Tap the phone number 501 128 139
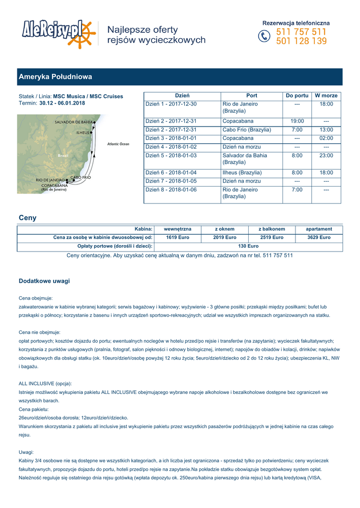[301, 41]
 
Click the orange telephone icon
[264, 37]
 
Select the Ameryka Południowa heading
[56, 77]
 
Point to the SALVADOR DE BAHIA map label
[73, 122]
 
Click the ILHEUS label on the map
[83, 133]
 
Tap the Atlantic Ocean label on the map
[118, 144]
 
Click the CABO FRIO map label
[80, 177]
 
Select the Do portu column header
[297, 96]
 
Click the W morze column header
[326, 96]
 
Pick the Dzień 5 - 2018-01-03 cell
[171, 156]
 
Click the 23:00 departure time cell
[326, 156]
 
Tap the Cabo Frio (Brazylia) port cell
[247, 130]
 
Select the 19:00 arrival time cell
[297, 121]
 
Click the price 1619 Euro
[178, 238]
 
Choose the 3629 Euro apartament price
[319, 238]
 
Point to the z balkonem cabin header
[272, 229]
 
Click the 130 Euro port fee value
[248, 246]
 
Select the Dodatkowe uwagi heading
[44, 281]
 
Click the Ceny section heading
[27, 218]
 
